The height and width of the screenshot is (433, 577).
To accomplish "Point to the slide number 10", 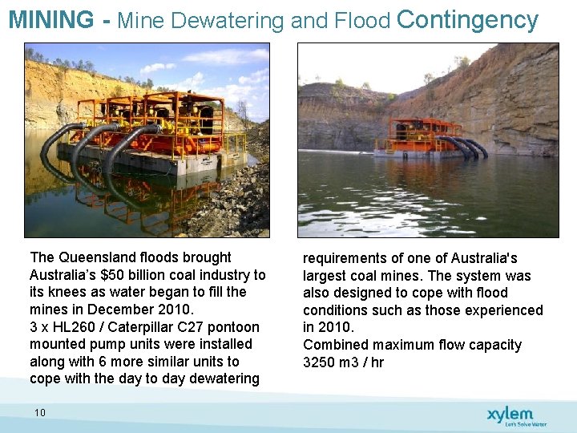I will pyautogui.click(x=40, y=412).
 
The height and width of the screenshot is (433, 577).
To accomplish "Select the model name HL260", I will pyautogui.click(x=82, y=327).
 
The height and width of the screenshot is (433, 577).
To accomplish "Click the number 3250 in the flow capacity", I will pyautogui.click(x=321, y=362).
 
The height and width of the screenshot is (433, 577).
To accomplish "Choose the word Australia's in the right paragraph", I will pyautogui.click(x=478, y=258).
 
